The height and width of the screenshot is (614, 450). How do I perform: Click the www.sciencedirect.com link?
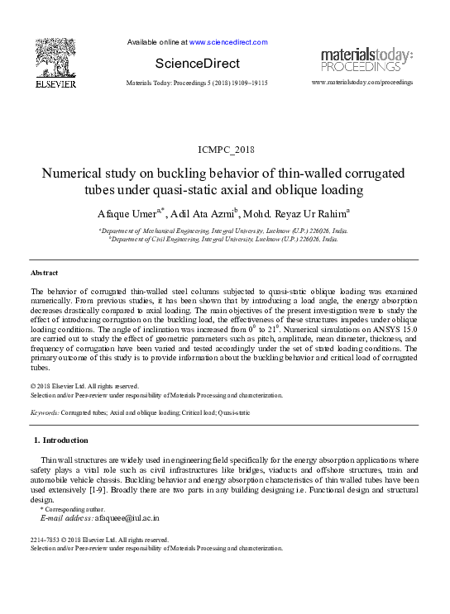[x=228, y=41]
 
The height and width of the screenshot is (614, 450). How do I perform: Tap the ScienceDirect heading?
[x=197, y=64]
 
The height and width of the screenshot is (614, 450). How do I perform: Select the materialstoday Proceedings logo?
[x=366, y=60]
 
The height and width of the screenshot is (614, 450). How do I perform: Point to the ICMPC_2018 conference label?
[x=224, y=150]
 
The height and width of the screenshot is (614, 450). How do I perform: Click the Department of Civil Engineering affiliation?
[x=223, y=239]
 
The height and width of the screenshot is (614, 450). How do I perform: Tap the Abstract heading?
[x=45, y=272]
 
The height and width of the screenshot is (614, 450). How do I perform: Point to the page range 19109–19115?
[x=247, y=83]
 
